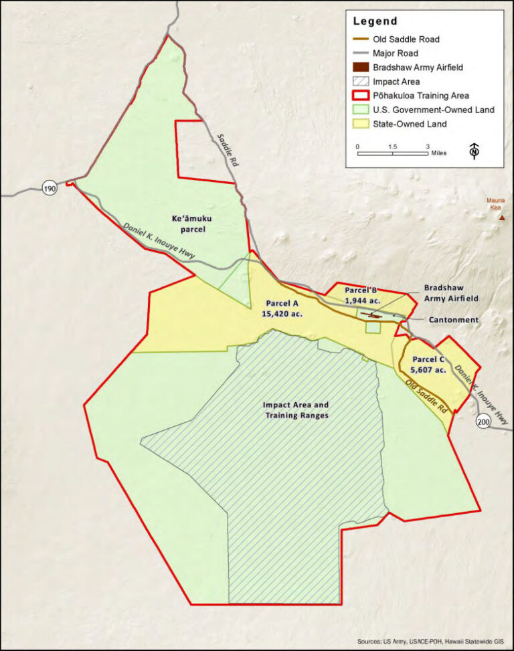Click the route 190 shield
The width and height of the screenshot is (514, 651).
point(50,188)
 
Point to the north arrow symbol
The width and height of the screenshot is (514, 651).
point(475,151)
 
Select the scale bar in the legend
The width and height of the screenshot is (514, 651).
point(392,154)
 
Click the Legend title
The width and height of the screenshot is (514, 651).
point(375,21)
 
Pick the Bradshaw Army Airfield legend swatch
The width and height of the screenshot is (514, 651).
point(363,68)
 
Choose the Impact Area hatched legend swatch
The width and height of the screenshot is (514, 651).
point(363,82)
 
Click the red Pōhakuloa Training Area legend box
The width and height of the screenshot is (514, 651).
point(363,96)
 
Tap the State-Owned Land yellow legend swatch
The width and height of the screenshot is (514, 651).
point(363,124)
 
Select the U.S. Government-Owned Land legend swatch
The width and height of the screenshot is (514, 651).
point(363,110)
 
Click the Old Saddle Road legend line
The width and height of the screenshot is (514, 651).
point(363,39)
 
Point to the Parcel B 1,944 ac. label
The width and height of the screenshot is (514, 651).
point(361,295)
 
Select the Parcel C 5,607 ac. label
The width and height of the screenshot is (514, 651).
point(429,364)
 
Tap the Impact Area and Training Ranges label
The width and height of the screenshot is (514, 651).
point(296,409)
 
